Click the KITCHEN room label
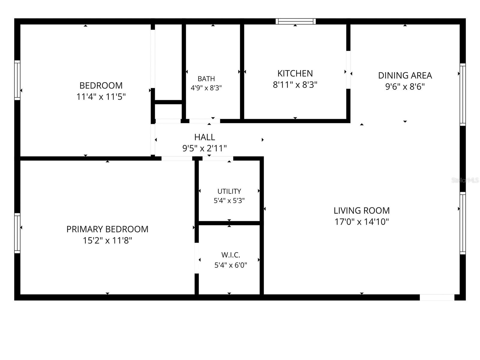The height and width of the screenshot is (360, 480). tap(295, 73)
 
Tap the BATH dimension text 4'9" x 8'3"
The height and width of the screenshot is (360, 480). tap(206, 88)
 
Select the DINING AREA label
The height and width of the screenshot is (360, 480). tap(405, 75)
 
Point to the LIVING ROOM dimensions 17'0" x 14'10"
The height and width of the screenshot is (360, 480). tap(362, 222)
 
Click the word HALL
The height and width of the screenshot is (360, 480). tap(205, 137)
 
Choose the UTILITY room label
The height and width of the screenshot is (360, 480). tap(229, 191)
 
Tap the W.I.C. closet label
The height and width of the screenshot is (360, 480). tap(230, 255)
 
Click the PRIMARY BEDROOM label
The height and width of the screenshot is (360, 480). tap(107, 229)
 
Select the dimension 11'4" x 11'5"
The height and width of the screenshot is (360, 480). tap(101, 97)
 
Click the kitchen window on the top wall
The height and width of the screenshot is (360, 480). tap(295, 21)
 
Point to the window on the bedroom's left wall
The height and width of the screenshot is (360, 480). tap(17, 80)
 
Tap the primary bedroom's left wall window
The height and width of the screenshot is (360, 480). tap(17, 233)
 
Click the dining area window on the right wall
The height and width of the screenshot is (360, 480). tap(463, 94)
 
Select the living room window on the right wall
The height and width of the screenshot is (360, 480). tap(463, 223)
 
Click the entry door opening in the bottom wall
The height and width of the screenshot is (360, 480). tap(437, 297)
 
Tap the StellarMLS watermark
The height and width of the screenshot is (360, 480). tap(465, 180)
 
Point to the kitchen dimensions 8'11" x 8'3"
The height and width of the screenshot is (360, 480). tap(295, 85)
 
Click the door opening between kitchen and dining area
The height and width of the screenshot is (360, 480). tap(348, 70)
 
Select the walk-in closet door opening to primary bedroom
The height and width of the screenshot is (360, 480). tap(196, 258)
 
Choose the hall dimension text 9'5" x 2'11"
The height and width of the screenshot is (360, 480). tap(205, 148)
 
